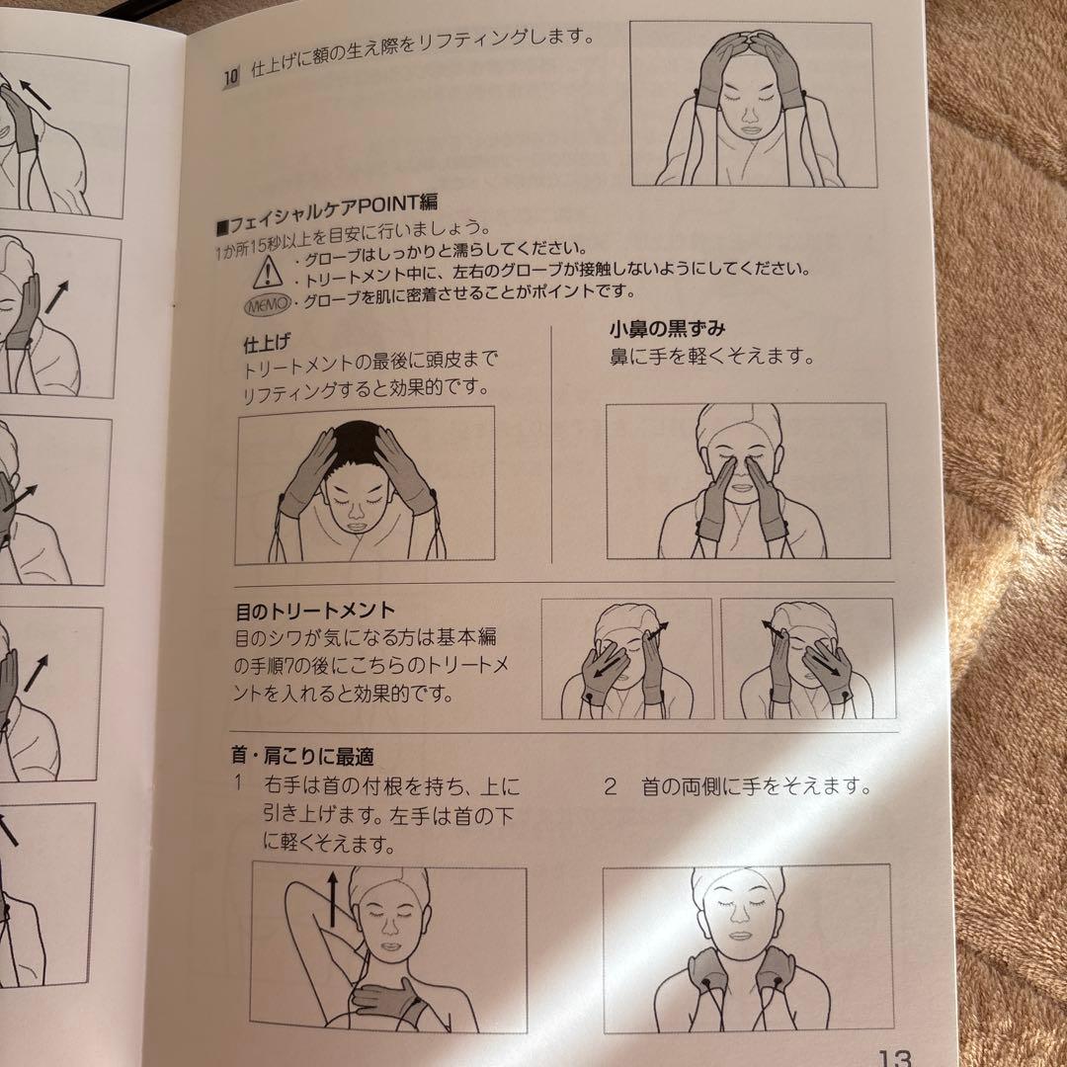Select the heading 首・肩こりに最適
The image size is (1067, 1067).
302,757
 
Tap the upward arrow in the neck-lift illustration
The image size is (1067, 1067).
332,898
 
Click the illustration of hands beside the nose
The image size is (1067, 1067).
746,480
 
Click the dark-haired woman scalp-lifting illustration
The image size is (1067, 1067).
365,484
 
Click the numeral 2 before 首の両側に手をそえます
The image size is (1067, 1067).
611,787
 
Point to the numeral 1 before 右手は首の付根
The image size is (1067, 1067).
239,786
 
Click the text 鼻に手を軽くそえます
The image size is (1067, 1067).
711,358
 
